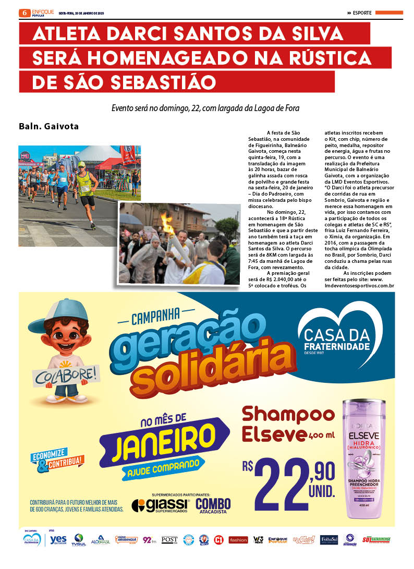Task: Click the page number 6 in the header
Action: click(x=24, y=13)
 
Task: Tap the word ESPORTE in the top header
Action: click(x=362, y=13)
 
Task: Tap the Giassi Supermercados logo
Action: click(x=161, y=505)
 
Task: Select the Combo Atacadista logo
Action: click(x=213, y=505)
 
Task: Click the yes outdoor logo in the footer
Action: click(x=58, y=540)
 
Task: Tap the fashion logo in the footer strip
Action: click(x=238, y=540)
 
